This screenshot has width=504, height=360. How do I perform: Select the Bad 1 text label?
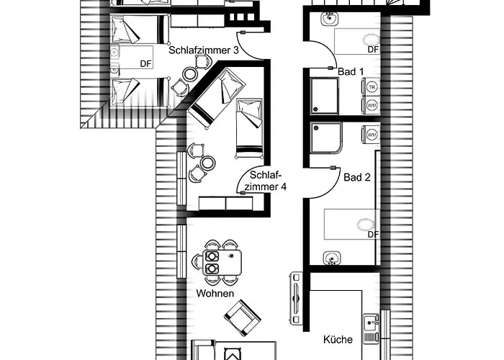pyautogui.click(x=351, y=71)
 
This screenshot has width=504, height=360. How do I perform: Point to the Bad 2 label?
pyautogui.click(x=356, y=176)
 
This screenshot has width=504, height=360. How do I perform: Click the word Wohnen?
pyautogui.click(x=215, y=294)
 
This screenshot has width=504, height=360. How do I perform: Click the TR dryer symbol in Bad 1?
pyautogui.click(x=372, y=87)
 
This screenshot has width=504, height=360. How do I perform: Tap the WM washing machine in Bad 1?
pyautogui.click(x=372, y=105)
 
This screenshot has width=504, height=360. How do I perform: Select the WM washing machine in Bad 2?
pyautogui.click(x=372, y=135)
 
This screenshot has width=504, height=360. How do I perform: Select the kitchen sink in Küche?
pyautogui.click(x=372, y=328)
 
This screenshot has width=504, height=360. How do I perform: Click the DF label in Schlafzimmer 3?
pyautogui.click(x=146, y=63)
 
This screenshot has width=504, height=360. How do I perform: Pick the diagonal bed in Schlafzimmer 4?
pyautogui.click(x=214, y=99)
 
